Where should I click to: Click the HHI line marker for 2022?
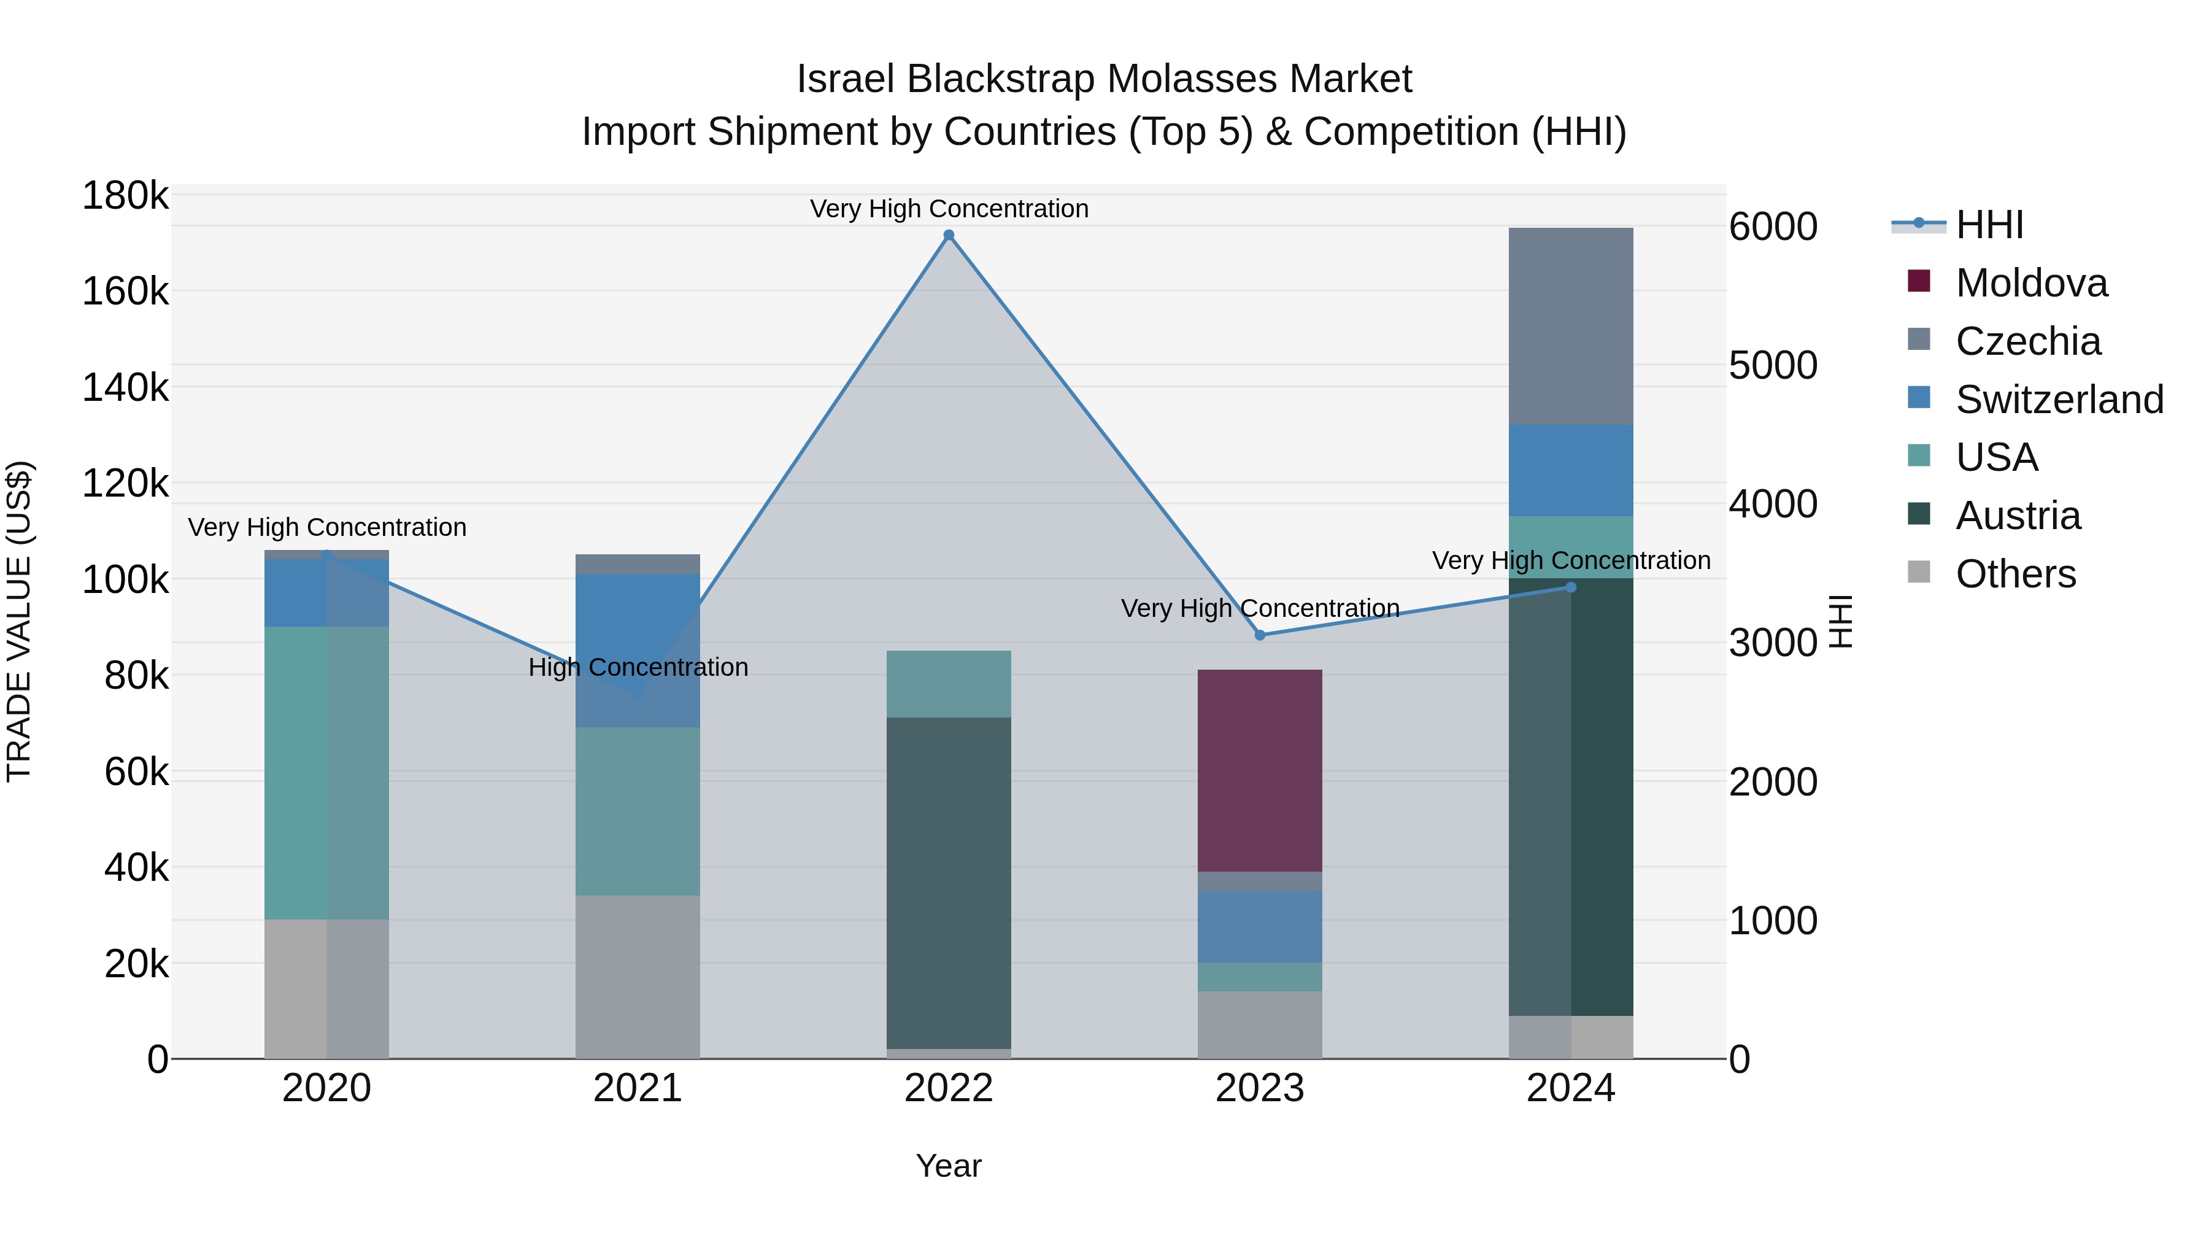click(949, 235)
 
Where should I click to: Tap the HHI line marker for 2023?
click(1260, 635)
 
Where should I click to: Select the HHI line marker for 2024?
click(1571, 587)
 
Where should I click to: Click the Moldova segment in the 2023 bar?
click(1260, 770)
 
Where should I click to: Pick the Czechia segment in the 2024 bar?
click(1571, 326)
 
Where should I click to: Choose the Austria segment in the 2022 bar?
click(949, 883)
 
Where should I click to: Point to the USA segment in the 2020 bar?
click(326, 772)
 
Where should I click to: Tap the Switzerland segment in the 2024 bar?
click(1571, 470)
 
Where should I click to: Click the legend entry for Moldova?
click(2030, 283)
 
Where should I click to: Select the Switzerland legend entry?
click(2058, 400)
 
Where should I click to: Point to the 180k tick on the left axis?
click(125, 196)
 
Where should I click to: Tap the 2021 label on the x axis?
click(637, 1088)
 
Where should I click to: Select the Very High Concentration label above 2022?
click(949, 209)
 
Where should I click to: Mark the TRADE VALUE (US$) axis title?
click(19, 621)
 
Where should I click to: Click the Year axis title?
click(949, 1166)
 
